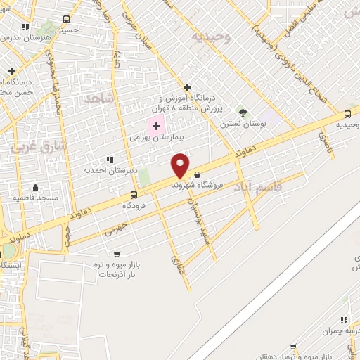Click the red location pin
[181, 165]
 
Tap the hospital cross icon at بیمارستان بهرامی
[156, 126]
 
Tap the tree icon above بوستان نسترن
[243, 112]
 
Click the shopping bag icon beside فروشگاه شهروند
[196, 175]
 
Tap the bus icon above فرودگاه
[134, 195]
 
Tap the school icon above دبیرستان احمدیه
[109, 160]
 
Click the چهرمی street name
[115, 229]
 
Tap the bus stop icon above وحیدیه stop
[348, 115]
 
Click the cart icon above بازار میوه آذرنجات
[117, 255]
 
